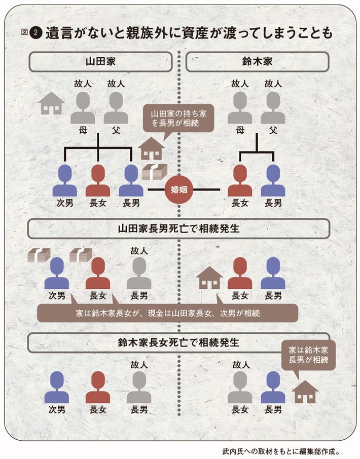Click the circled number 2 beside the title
pos(34,32)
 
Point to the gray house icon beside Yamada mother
pos(51,103)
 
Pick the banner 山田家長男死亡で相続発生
pos(178,229)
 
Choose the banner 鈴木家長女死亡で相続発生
pos(178,342)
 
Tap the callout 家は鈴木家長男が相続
pos(308,355)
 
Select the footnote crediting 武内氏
pos(287,449)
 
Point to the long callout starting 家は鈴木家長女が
pos(166,313)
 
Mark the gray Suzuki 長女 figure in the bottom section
pos(240,388)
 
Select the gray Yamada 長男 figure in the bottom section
pos(139,388)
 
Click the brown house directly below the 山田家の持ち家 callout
pos(152,148)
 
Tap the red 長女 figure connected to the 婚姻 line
pos(240,181)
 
